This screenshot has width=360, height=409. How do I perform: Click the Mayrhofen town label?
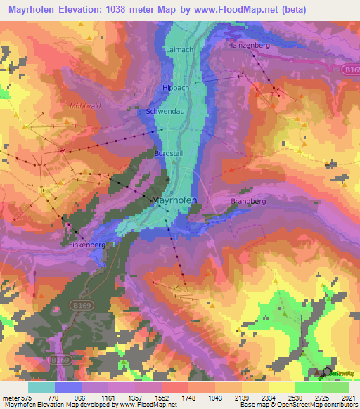coord(174,200)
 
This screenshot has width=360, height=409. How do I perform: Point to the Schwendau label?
coord(165,112)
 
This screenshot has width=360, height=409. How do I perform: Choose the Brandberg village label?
coord(248,201)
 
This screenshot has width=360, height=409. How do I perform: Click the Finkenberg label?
coord(86,247)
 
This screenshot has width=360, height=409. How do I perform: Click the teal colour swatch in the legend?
coord(41,387)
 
